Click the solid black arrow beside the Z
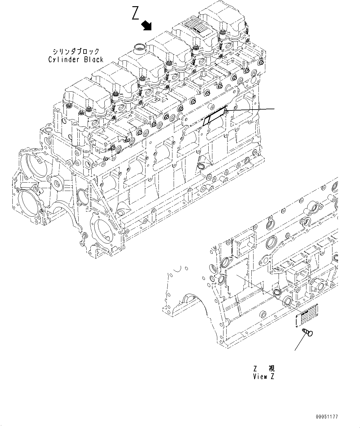point(146,26)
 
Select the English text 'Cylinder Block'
point(76,59)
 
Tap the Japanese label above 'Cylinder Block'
point(76,51)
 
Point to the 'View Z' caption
point(264,376)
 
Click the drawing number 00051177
point(327,417)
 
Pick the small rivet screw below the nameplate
point(307,332)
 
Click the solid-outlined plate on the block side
point(215,116)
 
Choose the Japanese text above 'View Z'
point(264,368)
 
